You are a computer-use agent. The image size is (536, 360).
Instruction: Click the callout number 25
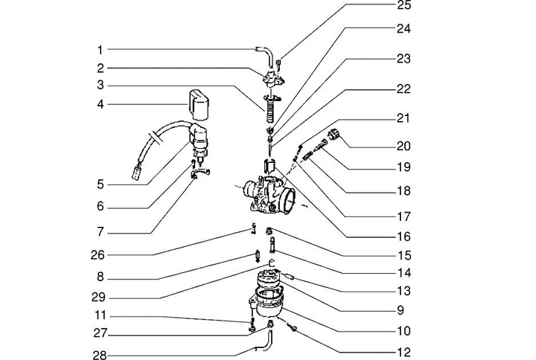point(404,6)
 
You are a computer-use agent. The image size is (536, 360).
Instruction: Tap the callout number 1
point(100,50)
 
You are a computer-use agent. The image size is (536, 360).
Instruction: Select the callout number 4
point(100,104)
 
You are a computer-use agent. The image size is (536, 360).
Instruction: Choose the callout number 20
point(404,146)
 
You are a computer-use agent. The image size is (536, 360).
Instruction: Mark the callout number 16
point(404,237)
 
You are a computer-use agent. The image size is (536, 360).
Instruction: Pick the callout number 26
point(98,254)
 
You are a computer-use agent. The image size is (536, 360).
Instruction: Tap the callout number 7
point(100,231)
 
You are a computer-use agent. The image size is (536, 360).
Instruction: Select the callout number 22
point(404,88)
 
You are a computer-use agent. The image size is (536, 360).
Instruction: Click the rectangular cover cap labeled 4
point(198,103)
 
